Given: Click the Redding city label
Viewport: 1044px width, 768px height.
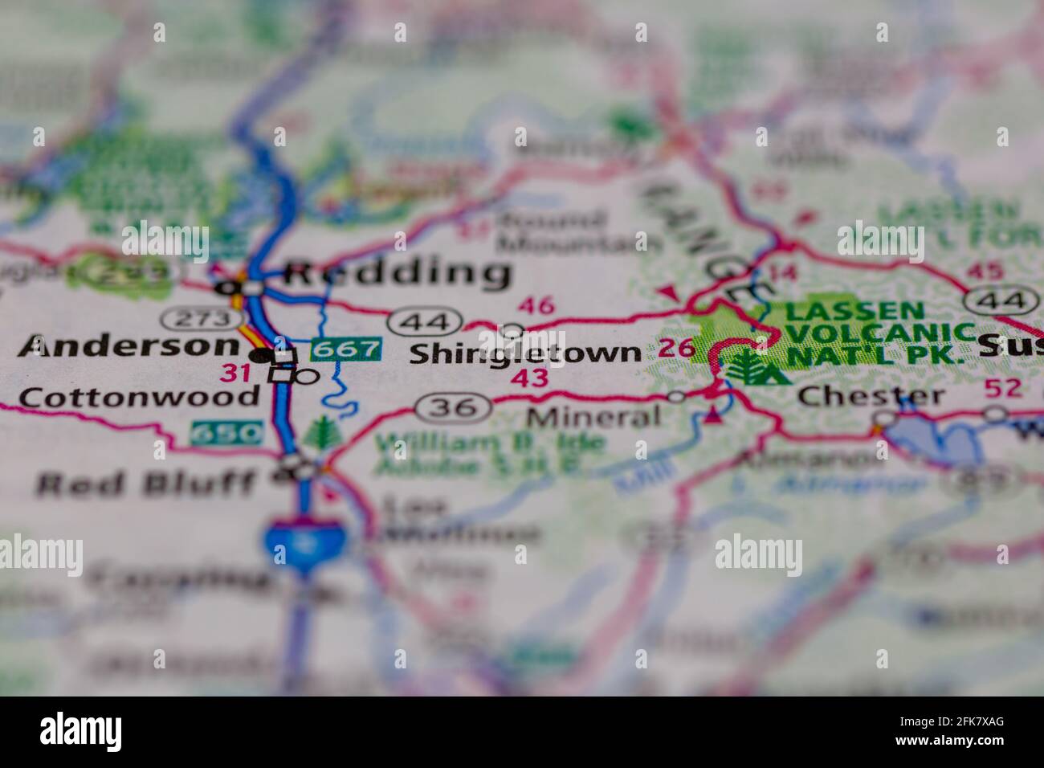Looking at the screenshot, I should coord(398,273).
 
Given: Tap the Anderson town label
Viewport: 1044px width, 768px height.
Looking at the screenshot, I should coord(128,347).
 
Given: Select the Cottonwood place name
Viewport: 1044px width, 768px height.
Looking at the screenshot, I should coord(139,396).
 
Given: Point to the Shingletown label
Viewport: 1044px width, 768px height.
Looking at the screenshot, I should coord(525,353).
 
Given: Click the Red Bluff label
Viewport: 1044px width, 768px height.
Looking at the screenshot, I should coord(146,483).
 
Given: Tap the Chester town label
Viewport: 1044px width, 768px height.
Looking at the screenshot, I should coord(871,395).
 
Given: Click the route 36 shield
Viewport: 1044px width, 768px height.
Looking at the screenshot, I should coord(453,407).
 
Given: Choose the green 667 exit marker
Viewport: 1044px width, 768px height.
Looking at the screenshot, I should coord(345,349).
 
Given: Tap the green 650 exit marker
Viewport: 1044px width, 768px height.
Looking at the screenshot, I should coord(227,433).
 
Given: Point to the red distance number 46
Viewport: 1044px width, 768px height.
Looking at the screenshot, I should coord(536,305).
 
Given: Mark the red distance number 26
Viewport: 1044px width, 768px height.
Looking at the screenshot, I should coord(675,348).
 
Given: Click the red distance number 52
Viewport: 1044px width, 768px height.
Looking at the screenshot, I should coord(1003,387).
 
